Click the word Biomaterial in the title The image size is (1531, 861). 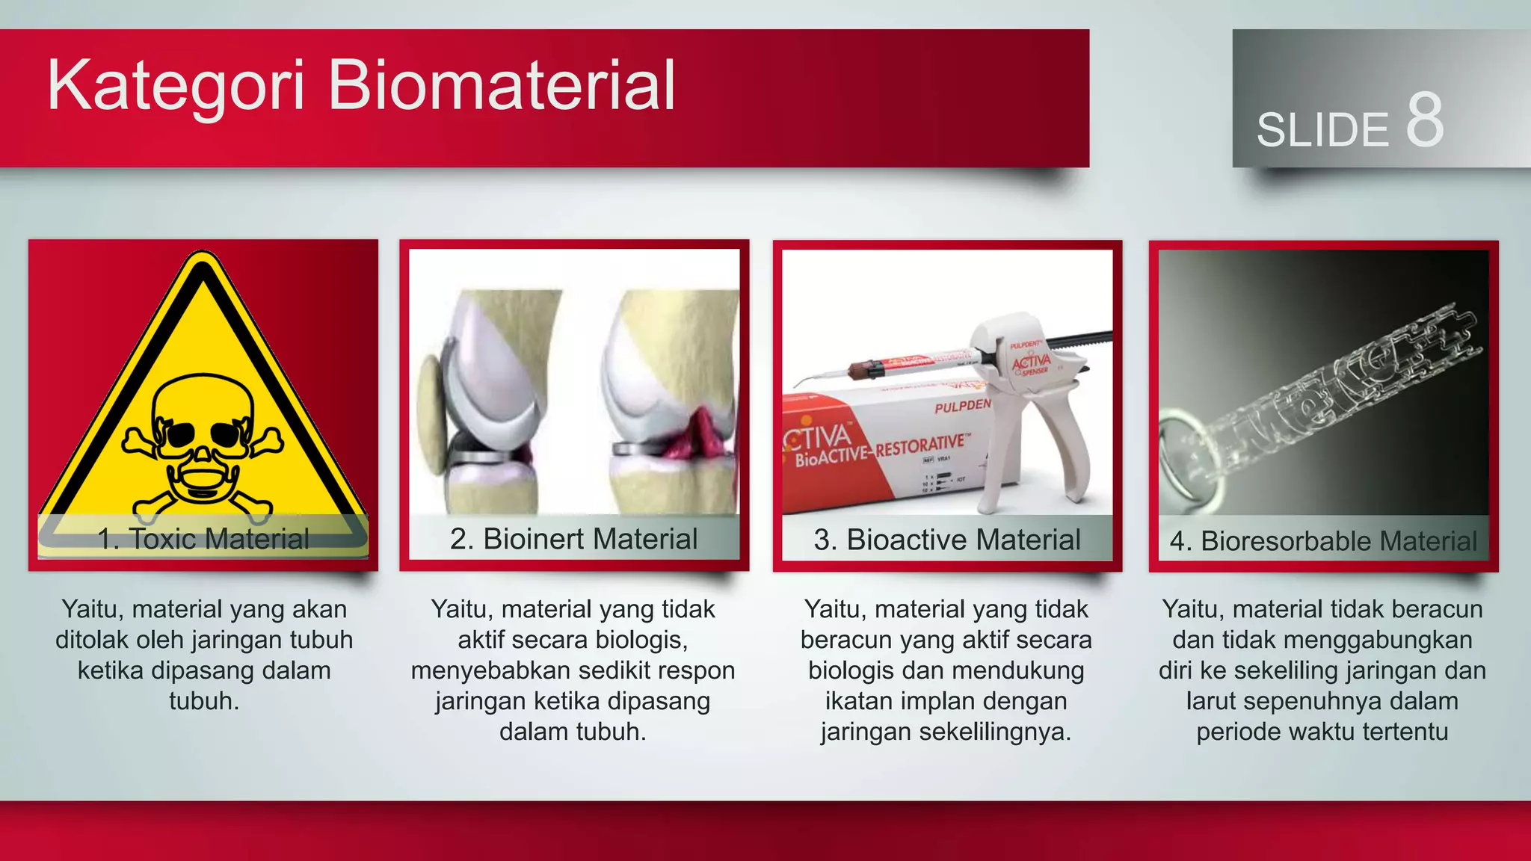click(x=501, y=86)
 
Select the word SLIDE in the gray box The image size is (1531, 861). click(x=1322, y=130)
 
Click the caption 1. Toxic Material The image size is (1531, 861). click(x=203, y=539)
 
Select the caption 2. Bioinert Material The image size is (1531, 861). click(x=573, y=539)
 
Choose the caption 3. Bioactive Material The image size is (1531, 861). click(x=946, y=540)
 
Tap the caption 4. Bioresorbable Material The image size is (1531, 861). click(x=1323, y=541)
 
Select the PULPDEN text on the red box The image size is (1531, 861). click(x=961, y=406)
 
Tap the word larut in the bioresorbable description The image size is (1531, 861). click(x=1211, y=701)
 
